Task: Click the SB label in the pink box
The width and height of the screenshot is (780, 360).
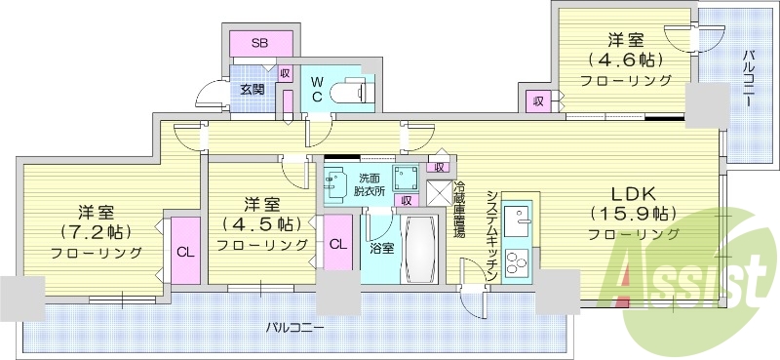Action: (260, 43)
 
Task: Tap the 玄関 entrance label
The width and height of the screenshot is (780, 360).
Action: (253, 89)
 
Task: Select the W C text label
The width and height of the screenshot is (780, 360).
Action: (317, 90)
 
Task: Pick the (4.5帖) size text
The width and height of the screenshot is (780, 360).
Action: (258, 224)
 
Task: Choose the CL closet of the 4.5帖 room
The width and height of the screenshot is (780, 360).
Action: (337, 244)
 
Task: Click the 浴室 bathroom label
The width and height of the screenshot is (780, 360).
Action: (380, 248)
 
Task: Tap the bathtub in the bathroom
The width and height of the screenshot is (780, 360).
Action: (420, 246)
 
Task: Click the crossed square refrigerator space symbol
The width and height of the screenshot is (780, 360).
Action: (439, 192)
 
